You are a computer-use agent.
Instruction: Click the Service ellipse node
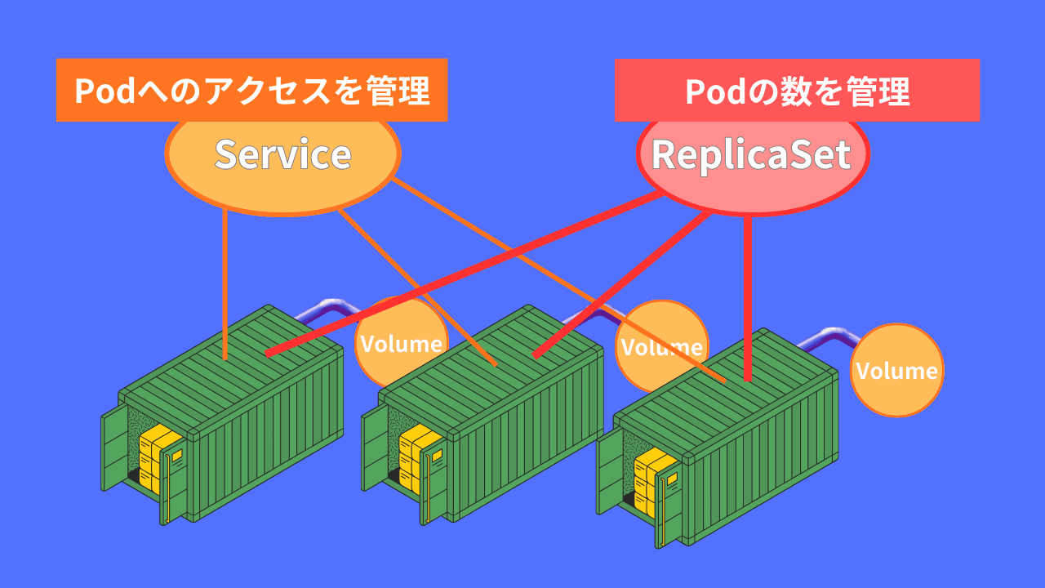(x=282, y=155)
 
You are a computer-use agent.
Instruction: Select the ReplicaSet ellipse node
(x=752, y=155)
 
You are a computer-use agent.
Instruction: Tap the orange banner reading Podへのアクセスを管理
(x=251, y=91)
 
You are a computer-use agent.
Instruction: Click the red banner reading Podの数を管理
(x=797, y=91)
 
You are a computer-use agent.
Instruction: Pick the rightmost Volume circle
(x=897, y=371)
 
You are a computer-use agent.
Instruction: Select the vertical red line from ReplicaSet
(x=748, y=294)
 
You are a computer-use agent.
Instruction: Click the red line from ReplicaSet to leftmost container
(x=457, y=278)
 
